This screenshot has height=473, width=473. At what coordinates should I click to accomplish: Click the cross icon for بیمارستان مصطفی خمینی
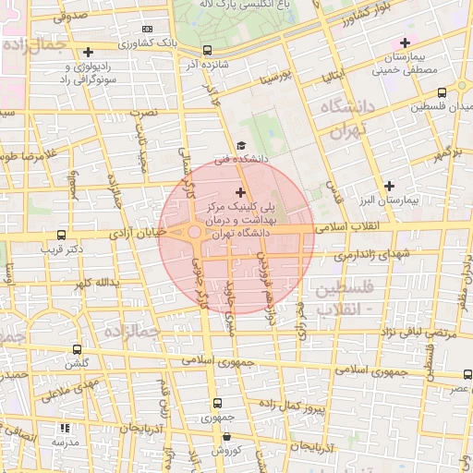click(403, 43)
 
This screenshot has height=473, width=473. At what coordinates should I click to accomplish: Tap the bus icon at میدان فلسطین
click(442, 92)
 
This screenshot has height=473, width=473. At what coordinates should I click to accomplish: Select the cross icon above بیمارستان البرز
click(388, 186)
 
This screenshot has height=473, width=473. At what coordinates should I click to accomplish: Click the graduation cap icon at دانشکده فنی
click(241, 145)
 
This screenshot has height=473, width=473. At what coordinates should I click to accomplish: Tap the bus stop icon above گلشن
click(76, 350)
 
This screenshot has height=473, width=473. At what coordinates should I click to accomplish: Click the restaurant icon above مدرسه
click(64, 428)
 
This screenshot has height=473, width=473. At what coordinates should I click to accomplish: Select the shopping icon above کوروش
click(216, 437)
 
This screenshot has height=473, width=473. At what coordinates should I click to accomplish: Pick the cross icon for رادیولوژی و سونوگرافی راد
click(89, 53)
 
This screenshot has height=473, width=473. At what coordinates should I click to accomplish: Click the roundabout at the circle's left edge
click(194, 233)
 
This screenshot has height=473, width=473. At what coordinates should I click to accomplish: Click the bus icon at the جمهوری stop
click(217, 403)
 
